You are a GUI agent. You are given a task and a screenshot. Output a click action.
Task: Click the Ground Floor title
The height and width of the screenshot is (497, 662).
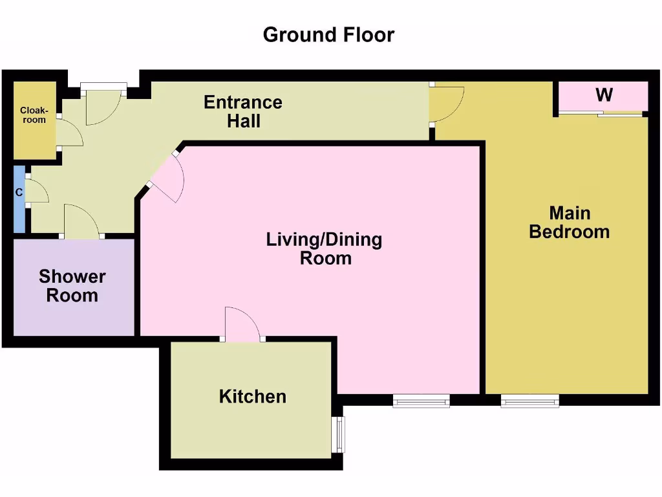coord(328,34)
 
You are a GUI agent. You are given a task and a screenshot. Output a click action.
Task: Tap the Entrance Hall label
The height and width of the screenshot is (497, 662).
coord(243,111)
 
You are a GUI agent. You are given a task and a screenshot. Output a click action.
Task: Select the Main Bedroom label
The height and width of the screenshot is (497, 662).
coord(569,222)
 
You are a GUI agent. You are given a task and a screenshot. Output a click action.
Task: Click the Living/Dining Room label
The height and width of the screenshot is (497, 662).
coord(325,249)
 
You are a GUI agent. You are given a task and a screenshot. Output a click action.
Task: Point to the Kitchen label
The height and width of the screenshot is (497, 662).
coord(252,396)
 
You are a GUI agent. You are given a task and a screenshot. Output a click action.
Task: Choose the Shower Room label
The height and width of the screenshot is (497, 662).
coord(72,286)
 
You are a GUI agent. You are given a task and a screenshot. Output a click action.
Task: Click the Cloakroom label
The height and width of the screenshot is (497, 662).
coord(33,115)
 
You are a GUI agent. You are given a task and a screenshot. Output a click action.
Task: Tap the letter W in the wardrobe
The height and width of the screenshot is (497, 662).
coord(604,95)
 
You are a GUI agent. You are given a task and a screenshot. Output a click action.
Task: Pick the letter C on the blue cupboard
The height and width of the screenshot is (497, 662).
coord(19,192)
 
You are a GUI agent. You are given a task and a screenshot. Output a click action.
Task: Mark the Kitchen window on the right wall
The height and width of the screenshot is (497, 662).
coord(339,434)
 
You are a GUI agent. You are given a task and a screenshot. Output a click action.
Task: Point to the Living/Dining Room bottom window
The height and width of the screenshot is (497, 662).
coord(421,402)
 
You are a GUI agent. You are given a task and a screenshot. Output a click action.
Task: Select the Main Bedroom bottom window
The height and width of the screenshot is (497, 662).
coord(529,402)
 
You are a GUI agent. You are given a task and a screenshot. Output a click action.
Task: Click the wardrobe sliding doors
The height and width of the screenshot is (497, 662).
coord(601,115)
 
